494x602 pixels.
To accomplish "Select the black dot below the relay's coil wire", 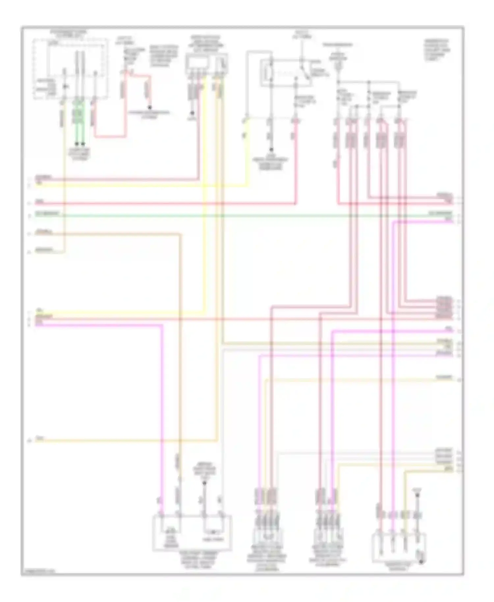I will click(x=271, y=149).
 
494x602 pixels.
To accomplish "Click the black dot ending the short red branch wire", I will click(x=150, y=108).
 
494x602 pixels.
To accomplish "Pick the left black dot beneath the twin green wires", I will click(x=76, y=144).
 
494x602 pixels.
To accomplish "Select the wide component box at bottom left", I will click(x=192, y=533).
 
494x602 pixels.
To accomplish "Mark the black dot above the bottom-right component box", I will click(x=418, y=494).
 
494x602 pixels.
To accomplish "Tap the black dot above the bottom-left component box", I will click(x=204, y=483).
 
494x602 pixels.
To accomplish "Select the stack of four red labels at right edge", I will click(x=444, y=308).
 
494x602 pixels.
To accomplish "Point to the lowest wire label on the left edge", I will click(x=40, y=438).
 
